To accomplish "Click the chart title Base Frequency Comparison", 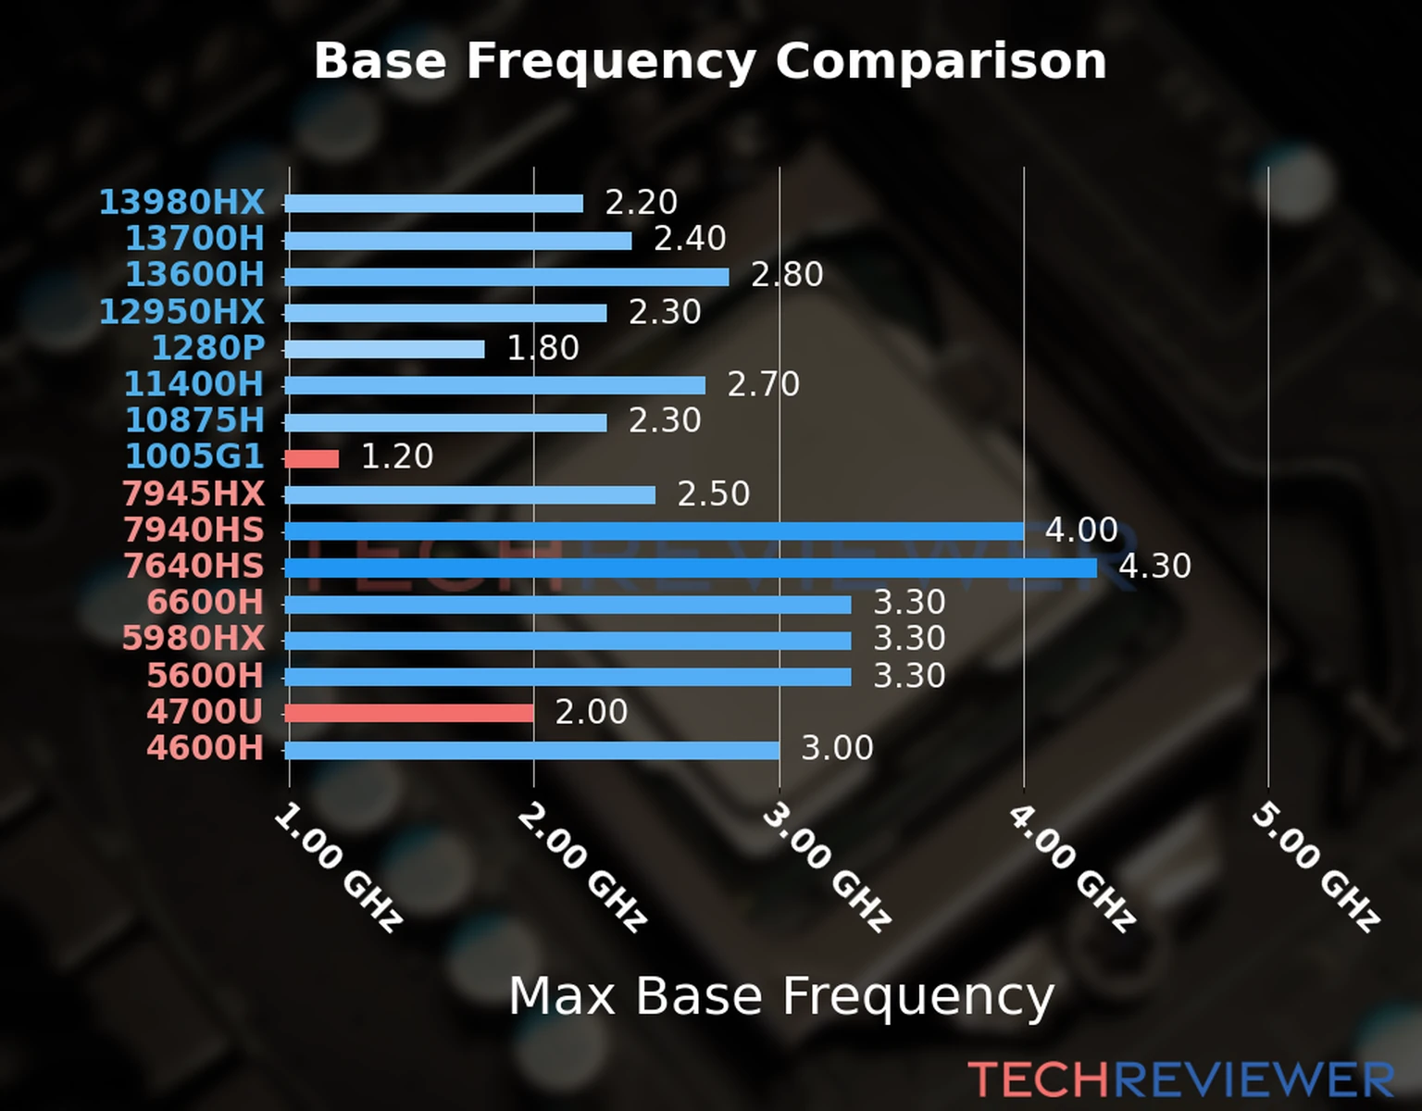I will pos(710,61).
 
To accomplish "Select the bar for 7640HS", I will pos(690,568).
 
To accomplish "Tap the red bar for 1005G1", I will pos(312,458).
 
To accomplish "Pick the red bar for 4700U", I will pos(409,713).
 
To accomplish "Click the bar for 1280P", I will pos(384,349).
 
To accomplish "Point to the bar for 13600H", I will pos(506,277).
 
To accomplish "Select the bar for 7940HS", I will pos(654,531).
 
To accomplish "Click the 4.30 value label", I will pos(1154,566).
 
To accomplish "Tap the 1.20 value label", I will pos(396,456).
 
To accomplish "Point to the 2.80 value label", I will pos(786,275).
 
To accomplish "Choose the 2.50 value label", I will pos(713,493).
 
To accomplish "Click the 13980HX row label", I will pos(181,202).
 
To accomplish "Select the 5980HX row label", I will pos(193,639).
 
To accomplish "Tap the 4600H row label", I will pos(205,748).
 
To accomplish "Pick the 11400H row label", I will pos(193,384).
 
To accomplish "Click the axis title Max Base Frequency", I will pos(781,997).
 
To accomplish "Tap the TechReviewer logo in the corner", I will pos(1180,1080).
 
